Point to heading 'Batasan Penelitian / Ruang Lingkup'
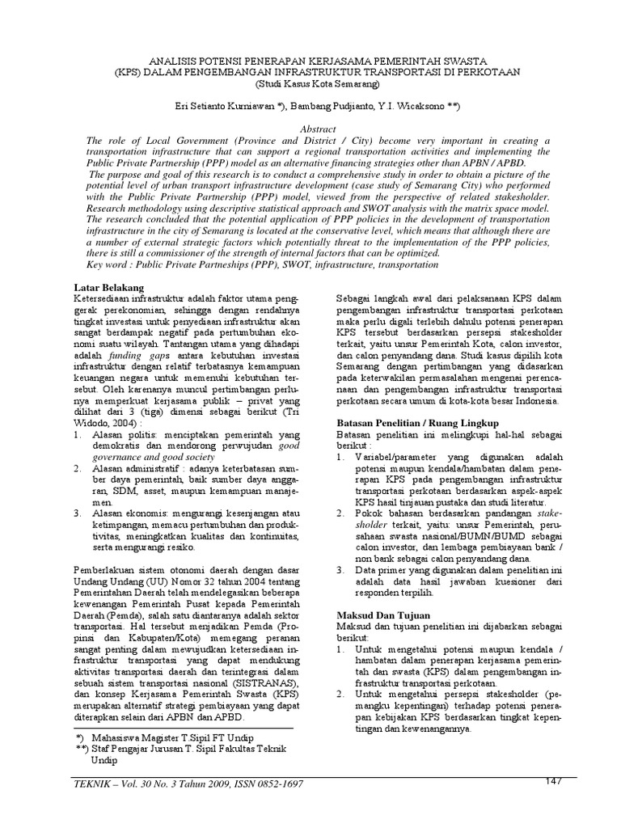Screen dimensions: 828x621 tap(418, 423)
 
